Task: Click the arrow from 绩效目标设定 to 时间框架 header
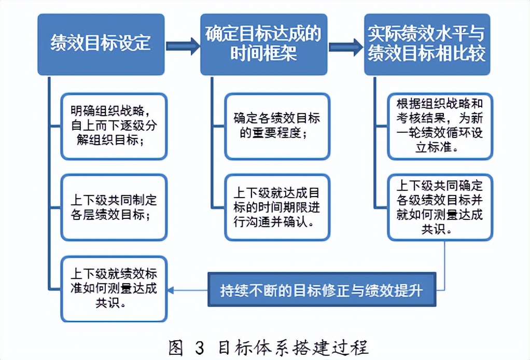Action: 183,46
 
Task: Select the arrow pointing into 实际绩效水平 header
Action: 345,46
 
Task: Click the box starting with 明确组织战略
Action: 114,126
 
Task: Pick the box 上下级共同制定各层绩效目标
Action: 114,207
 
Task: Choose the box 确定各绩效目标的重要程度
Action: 277,126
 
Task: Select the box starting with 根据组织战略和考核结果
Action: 440,126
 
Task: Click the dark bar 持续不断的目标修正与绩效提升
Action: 322,289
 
